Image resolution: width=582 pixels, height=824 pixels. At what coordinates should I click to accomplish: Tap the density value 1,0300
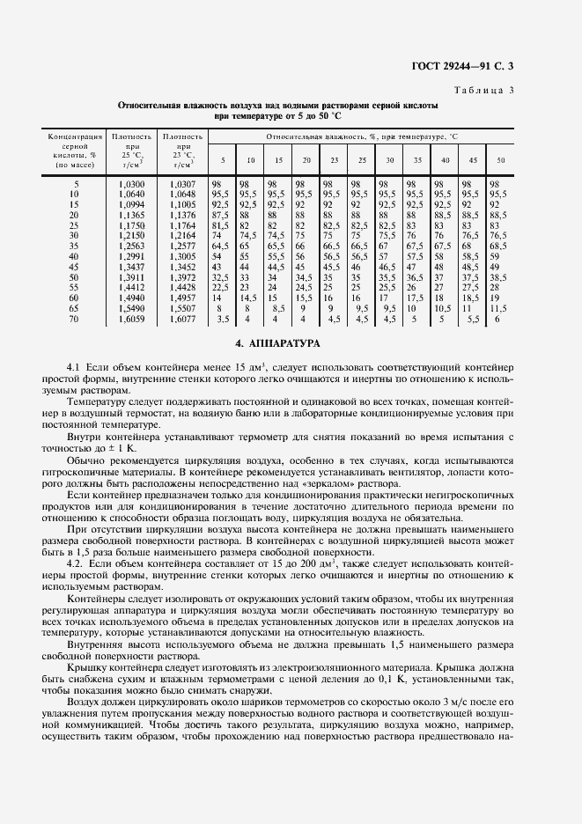pos(132,182)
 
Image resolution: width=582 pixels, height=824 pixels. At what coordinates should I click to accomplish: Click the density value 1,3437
pos(132,267)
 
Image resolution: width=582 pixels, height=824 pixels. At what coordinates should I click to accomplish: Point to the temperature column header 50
pos(500,159)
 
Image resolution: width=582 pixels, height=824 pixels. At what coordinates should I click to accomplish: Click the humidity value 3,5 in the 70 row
pos(224,320)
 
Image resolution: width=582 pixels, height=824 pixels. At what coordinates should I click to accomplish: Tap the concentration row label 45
pos(74,267)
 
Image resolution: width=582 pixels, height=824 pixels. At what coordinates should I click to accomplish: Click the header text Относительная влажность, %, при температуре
pos(361,137)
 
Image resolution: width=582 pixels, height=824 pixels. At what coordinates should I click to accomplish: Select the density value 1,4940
pos(132,298)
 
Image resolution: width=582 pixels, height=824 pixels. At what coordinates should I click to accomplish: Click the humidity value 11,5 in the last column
pos(498,309)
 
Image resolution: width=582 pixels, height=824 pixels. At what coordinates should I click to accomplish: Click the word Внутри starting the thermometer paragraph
pos(85,436)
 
